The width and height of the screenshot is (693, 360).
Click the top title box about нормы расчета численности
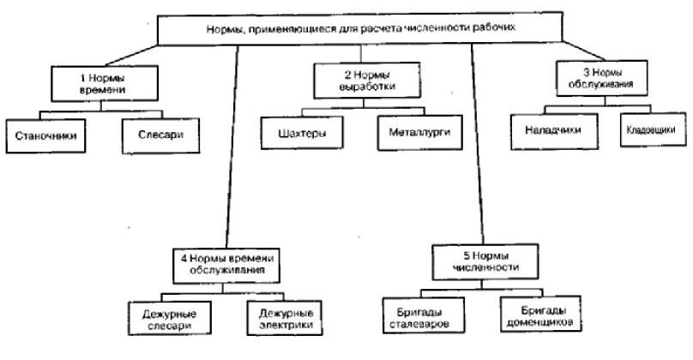[360, 27]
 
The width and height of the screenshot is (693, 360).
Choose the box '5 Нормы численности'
[485, 260]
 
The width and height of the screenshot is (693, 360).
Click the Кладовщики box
[651, 129]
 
